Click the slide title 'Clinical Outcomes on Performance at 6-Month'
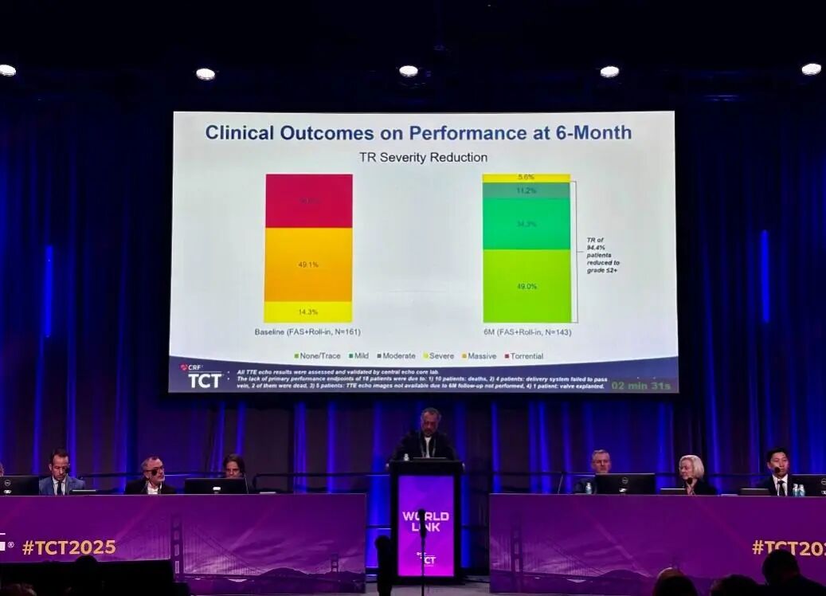click(418, 132)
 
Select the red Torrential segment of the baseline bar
click(308, 201)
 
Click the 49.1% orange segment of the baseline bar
click(308, 265)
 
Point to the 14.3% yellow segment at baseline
click(308, 312)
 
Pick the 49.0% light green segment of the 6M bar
click(527, 286)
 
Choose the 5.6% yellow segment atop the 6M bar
click(527, 178)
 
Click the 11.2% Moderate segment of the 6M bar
click(527, 190)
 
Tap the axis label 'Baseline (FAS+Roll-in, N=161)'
click(307, 331)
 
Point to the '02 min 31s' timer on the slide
click(641, 386)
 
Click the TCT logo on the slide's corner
click(203, 378)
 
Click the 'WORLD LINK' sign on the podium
click(425, 521)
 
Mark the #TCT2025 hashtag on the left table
click(69, 547)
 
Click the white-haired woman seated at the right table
click(691, 474)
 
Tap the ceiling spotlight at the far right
click(811, 69)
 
